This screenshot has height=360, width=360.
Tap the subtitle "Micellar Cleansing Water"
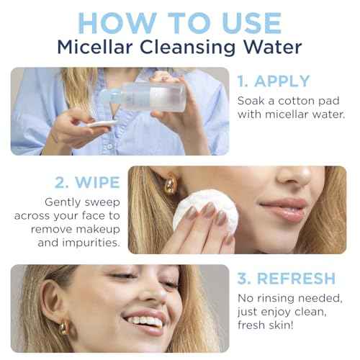179,49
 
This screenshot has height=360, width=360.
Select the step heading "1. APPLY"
274,81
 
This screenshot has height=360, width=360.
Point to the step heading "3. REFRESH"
287,279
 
